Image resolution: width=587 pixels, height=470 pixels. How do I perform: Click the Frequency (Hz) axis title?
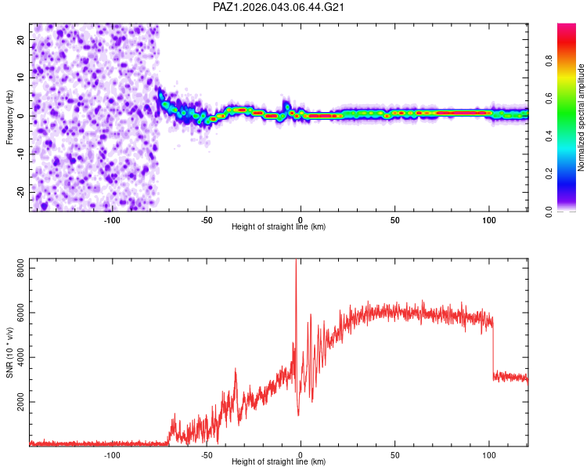10,117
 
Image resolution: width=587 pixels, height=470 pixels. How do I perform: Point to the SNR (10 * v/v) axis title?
10,352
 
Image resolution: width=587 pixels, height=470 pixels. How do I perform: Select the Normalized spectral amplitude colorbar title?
581,117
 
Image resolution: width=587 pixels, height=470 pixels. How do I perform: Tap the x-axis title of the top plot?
279,226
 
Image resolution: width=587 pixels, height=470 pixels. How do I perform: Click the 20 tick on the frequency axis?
20,39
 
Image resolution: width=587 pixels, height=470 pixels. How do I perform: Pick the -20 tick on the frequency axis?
20,192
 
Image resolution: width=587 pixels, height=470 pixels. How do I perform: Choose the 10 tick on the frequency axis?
20,78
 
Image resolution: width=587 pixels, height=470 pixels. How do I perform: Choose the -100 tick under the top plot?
112,219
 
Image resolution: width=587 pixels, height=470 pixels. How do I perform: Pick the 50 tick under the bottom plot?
395,454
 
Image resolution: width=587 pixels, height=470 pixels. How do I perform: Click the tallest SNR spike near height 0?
296,262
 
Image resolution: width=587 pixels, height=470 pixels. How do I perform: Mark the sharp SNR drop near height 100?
493,349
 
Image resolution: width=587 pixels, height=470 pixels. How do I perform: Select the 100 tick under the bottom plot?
489,454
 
